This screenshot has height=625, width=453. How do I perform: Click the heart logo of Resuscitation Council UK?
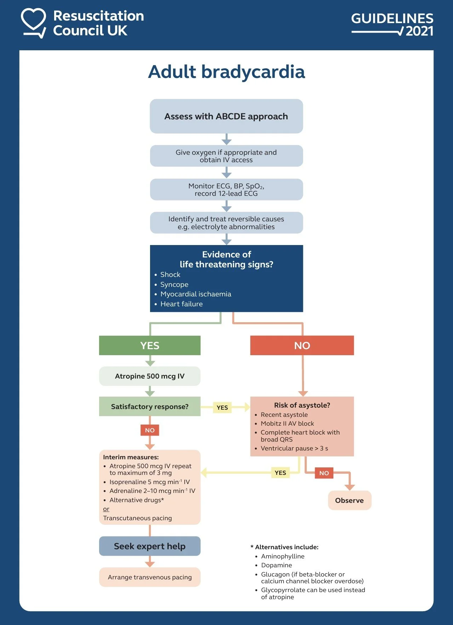pyautogui.click(x=33, y=22)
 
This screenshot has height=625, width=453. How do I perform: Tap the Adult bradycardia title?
pyautogui.click(x=226, y=72)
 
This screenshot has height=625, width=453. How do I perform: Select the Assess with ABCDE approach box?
pyautogui.click(x=226, y=116)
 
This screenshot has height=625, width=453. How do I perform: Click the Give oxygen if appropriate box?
pyautogui.click(x=226, y=156)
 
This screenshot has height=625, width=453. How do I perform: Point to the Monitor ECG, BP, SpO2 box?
pyautogui.click(x=226, y=189)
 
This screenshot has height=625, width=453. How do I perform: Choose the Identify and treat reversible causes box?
pyautogui.click(x=226, y=223)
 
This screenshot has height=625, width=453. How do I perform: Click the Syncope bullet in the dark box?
pyautogui.click(x=174, y=284)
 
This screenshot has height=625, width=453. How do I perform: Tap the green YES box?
pyautogui.click(x=150, y=345)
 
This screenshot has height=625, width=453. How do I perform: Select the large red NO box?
pyautogui.click(x=302, y=345)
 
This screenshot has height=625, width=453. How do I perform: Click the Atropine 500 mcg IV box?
pyautogui.click(x=150, y=376)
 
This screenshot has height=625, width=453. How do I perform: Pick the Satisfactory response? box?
pyautogui.click(x=150, y=407)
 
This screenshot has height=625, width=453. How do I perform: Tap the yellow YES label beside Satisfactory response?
pyautogui.click(x=222, y=408)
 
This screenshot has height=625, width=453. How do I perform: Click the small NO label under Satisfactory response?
pyautogui.click(x=150, y=430)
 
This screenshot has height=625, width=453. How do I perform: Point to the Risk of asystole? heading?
pyautogui.click(x=302, y=405)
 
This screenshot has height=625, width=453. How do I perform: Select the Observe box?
pyautogui.click(x=349, y=500)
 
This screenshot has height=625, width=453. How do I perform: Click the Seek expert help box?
pyautogui.click(x=150, y=546)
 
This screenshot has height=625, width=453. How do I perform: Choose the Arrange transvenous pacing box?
pyautogui.click(x=150, y=577)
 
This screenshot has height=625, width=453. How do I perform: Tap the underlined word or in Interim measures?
pyautogui.click(x=106, y=509)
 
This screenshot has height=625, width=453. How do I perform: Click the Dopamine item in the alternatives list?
pyautogui.click(x=276, y=565)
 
